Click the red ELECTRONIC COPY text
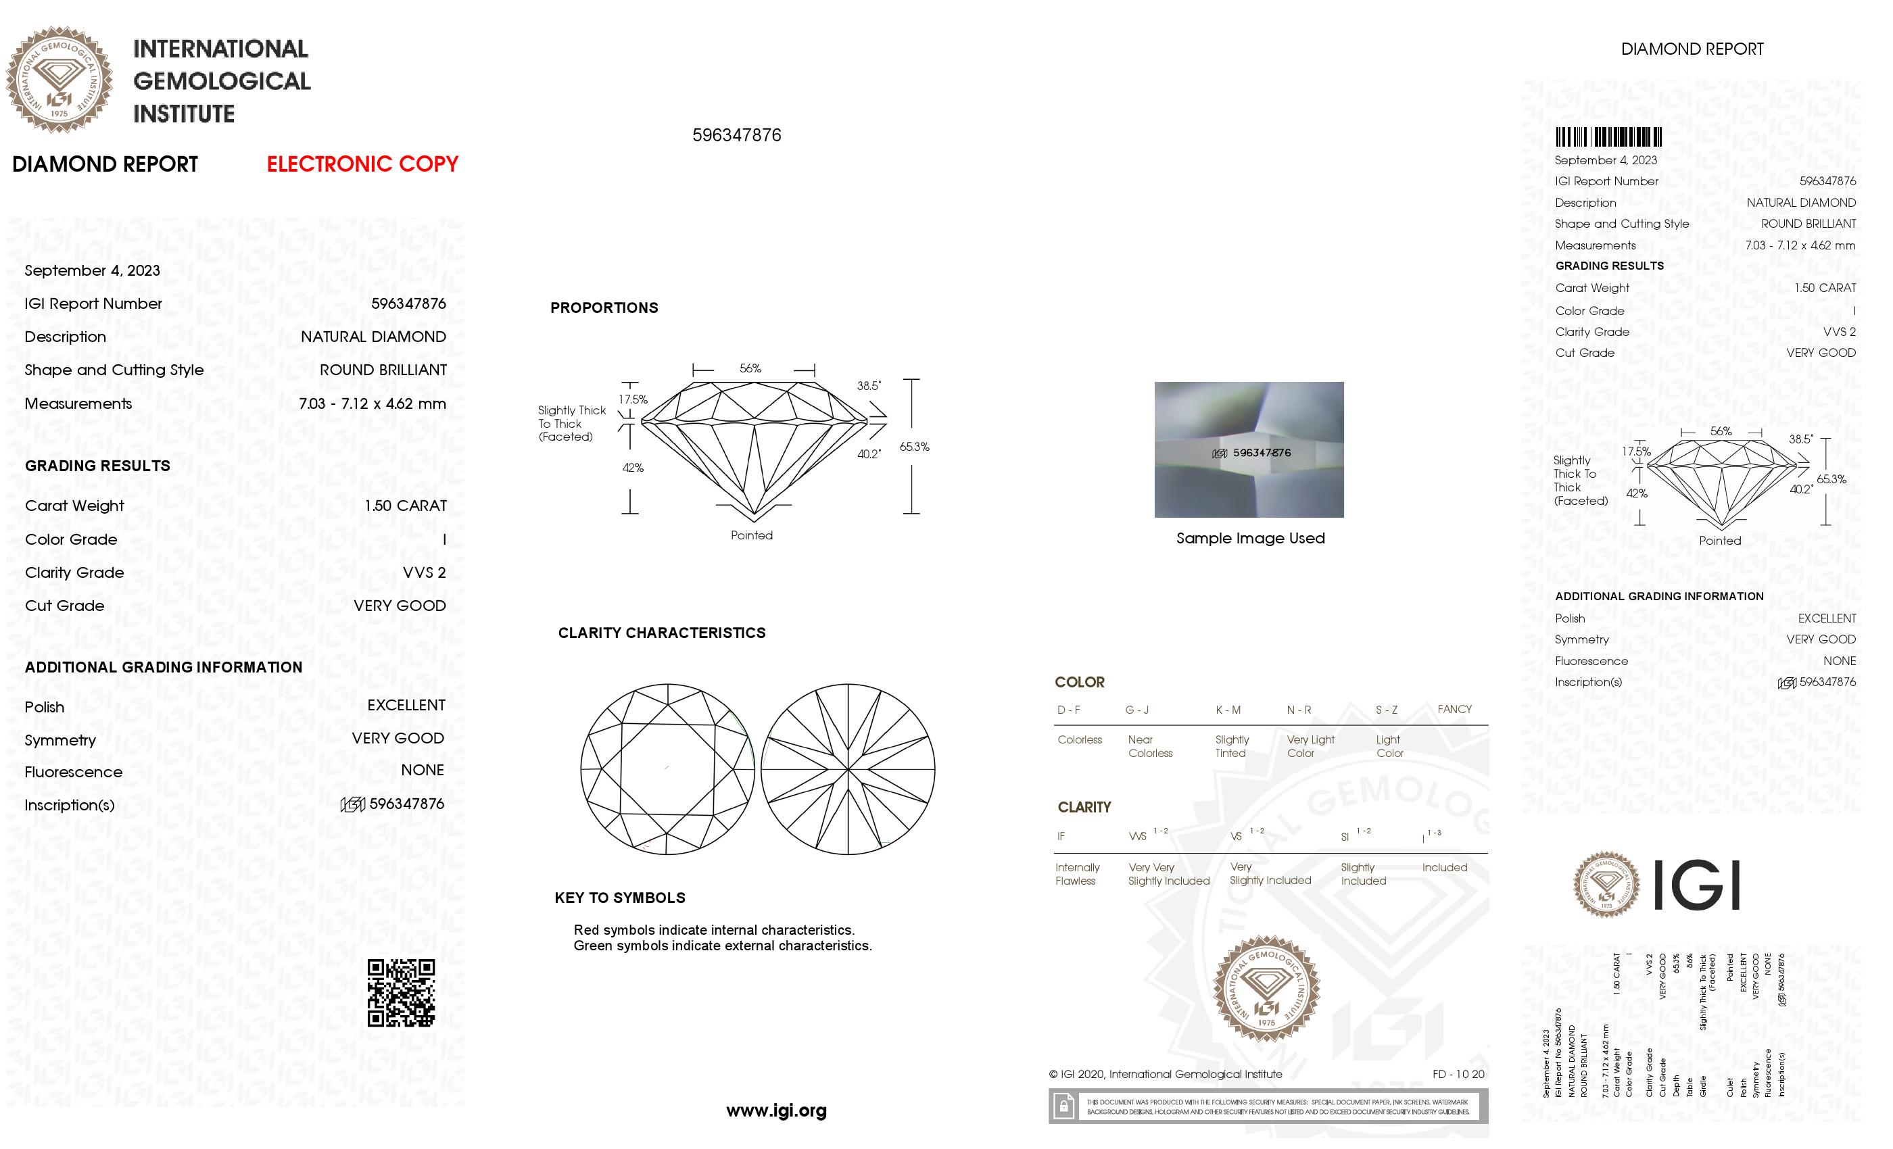click(x=362, y=164)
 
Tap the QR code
click(x=400, y=992)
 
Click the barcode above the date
click(x=1608, y=137)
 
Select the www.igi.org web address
click(x=776, y=1110)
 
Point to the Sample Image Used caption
click(x=1250, y=539)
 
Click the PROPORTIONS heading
click(x=604, y=308)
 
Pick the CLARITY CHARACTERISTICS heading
click(x=661, y=633)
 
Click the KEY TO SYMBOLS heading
click(x=619, y=898)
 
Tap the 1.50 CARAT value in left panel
click(x=405, y=506)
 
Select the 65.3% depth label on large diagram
click(x=914, y=447)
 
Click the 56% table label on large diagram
click(x=750, y=368)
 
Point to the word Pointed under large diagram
click(x=751, y=535)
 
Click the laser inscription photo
click(x=1249, y=449)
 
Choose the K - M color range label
click(x=1228, y=710)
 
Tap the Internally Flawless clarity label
click(x=1077, y=874)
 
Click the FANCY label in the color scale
click(x=1454, y=709)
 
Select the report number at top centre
click(x=736, y=135)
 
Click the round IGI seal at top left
click(x=59, y=80)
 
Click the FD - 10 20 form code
click(x=1458, y=1075)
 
